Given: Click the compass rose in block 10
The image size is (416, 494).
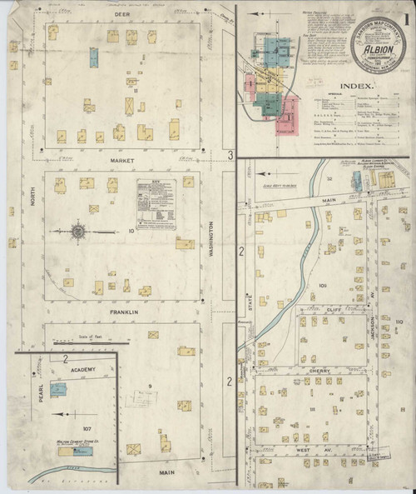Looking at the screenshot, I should point(77,230).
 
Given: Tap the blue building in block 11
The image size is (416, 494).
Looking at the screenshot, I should point(94,57).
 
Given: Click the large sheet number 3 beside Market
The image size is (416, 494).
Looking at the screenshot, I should point(229,154).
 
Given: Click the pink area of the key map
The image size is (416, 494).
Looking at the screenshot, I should point(290,108).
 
